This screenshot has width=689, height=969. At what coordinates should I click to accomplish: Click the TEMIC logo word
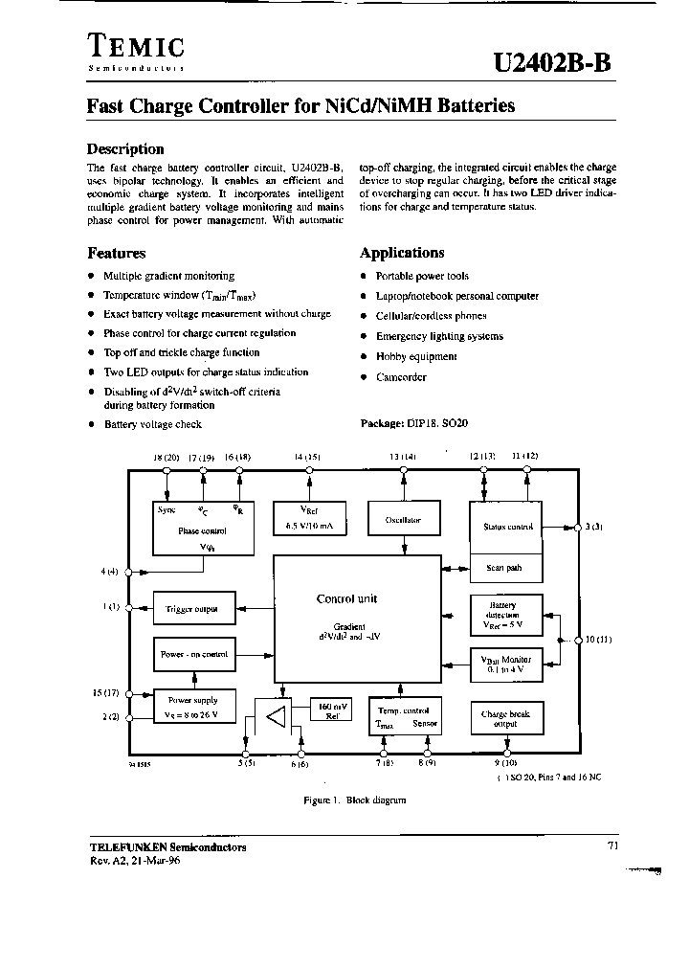[136, 45]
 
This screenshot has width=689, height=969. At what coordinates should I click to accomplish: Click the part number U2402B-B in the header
[550, 61]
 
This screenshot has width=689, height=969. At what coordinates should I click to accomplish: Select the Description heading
[125, 148]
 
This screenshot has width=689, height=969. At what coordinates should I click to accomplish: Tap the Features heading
[116, 254]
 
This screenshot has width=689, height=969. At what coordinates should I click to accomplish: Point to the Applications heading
[402, 253]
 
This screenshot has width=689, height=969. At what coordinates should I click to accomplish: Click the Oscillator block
[403, 520]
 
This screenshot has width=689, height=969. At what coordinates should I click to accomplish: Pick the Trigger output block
[191, 609]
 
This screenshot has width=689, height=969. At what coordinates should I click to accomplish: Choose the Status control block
[507, 527]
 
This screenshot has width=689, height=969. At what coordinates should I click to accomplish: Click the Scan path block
[504, 568]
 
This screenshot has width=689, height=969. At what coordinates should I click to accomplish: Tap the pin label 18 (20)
[167, 458]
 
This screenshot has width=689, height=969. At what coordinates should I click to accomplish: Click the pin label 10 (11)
[599, 640]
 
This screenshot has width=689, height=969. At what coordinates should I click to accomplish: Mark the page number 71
[612, 845]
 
